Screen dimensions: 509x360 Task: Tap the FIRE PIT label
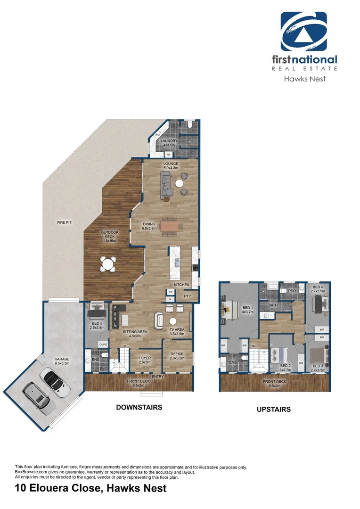(x=65, y=222)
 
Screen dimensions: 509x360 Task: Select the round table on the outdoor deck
(x=109, y=264)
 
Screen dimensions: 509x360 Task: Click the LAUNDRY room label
(x=169, y=141)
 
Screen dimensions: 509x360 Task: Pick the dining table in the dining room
(x=170, y=226)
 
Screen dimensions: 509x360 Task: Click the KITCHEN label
(x=181, y=285)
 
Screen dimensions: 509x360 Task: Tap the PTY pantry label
(x=187, y=296)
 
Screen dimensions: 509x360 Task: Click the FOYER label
(x=144, y=358)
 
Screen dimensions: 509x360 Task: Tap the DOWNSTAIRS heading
(x=139, y=407)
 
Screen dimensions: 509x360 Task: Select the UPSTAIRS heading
(x=274, y=410)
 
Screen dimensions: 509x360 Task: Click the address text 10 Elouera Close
(x=90, y=488)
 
